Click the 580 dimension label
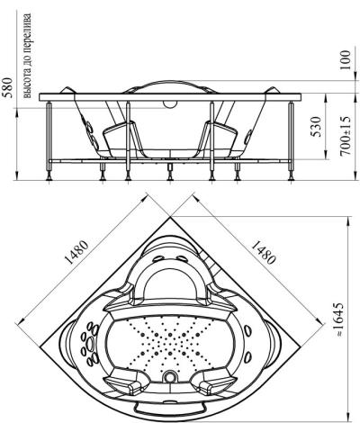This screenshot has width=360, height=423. coord(7,87)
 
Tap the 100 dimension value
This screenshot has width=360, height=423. coord(346,60)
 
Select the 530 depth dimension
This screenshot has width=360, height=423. coord(316,126)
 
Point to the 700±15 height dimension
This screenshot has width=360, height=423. coord(346,136)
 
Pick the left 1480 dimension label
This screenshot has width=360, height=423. coord(76,252)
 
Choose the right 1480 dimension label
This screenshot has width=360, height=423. coord(263,252)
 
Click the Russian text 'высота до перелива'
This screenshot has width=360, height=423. coord(27,56)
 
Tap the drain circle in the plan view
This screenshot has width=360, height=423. coord(170,375)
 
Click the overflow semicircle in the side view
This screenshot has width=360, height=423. coord(170,103)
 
